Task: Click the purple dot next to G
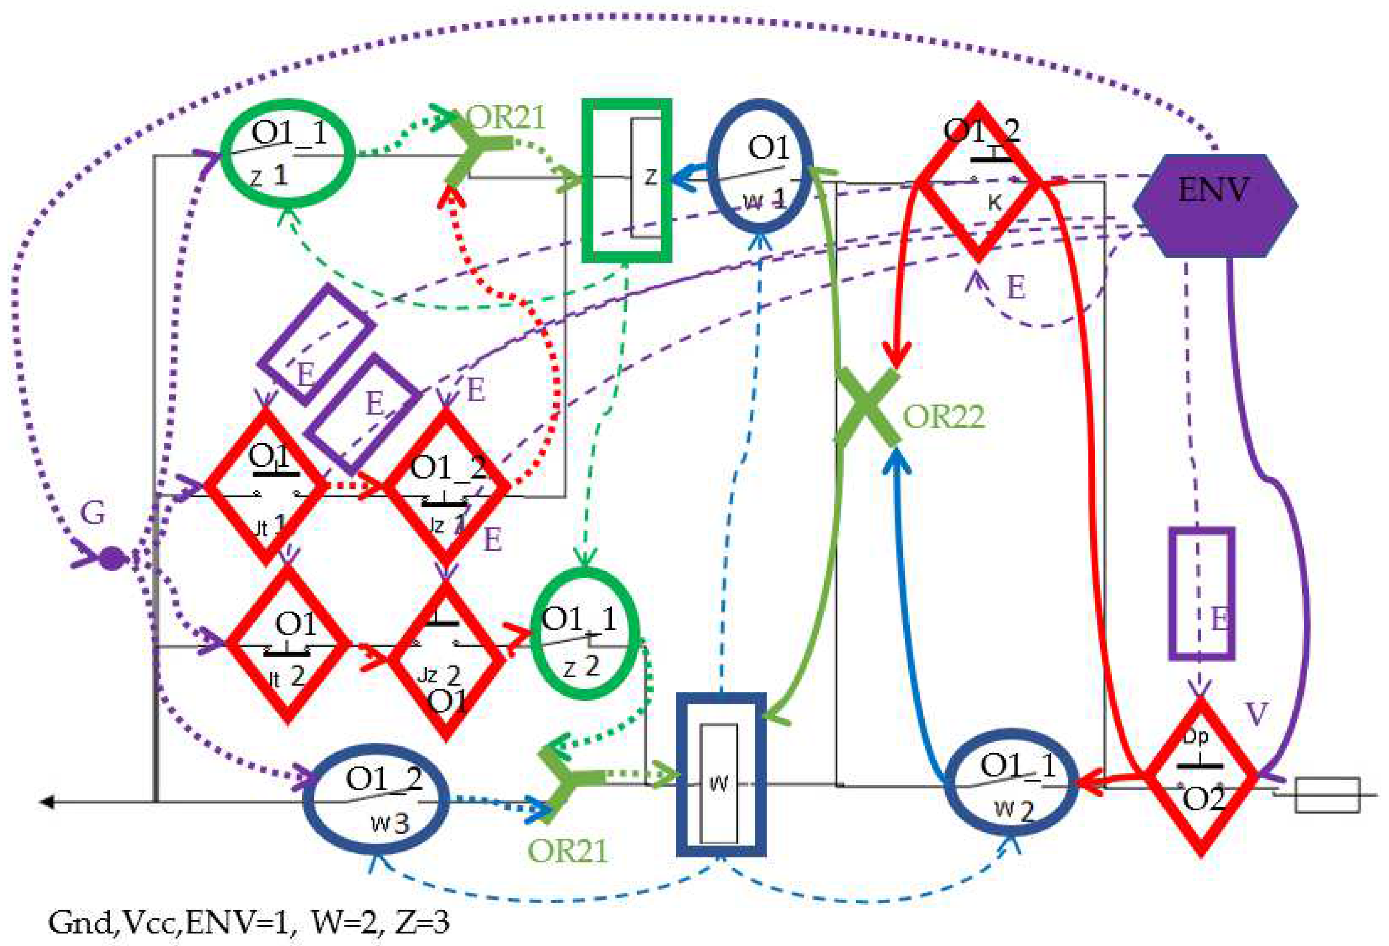[x=111, y=559]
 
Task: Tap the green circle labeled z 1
[x=288, y=154]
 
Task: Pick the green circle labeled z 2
[x=585, y=633]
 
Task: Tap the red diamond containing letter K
[x=978, y=182]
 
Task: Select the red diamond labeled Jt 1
[x=266, y=487]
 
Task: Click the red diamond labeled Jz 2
[x=446, y=660]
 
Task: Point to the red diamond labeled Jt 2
[x=287, y=644]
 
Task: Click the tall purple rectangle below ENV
[x=1201, y=594]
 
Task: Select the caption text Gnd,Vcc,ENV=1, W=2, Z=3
[x=248, y=922]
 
